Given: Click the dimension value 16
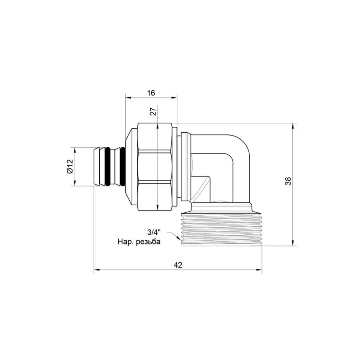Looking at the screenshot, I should [151, 93].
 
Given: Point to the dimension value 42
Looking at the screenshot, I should [178, 265].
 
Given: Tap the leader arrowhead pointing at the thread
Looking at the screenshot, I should [177, 239].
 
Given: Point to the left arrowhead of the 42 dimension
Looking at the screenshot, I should [96, 270].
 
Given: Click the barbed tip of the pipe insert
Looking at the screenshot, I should [97, 167].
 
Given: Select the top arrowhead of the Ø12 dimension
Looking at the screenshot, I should [74, 150].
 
